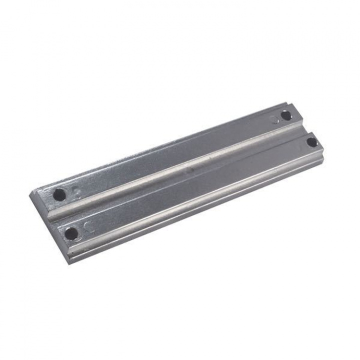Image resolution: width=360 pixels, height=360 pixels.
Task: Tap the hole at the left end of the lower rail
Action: [x=72, y=232]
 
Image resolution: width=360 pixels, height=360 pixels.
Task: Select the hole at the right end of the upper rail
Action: [x=285, y=115]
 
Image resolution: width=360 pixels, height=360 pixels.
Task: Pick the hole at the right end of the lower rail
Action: [x=311, y=142]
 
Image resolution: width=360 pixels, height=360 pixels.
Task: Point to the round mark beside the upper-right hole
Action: [x=274, y=119]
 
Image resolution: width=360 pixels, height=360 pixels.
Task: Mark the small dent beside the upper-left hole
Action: [x=76, y=190]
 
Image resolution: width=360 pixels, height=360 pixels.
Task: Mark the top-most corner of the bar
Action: [x=290, y=104]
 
